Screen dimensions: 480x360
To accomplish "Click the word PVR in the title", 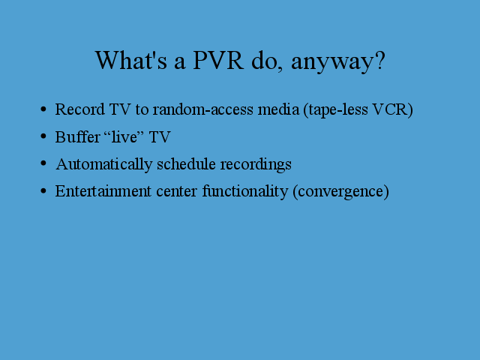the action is point(218,60).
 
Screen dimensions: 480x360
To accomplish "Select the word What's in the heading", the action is point(131,60).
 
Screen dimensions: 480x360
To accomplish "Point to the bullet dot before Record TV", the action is point(43,109).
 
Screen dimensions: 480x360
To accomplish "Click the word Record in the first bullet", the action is point(80,109).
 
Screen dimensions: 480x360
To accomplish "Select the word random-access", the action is point(203,109).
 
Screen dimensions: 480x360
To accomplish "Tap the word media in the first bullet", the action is point(278,109).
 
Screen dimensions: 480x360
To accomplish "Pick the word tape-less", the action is point(338,110).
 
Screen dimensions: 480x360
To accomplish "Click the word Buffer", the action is point(78,136).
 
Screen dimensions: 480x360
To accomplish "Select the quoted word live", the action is point(124,136).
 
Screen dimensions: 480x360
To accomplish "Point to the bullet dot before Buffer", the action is point(43,136).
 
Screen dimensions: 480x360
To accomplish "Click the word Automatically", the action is point(104,164).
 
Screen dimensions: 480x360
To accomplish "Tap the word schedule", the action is point(187,163).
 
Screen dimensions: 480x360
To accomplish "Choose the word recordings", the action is point(256,165).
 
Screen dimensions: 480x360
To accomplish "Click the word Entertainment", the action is point(103,190).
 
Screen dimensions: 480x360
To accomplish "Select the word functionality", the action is point(245,192).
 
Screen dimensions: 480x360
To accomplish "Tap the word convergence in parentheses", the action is point(340,192).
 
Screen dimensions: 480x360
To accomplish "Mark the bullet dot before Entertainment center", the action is point(43,190).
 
